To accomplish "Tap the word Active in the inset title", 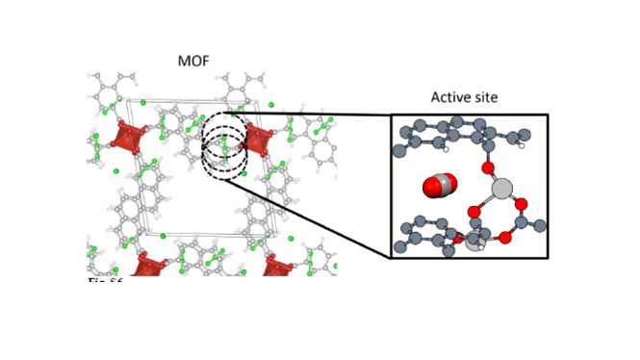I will pyautogui.click(x=450, y=98).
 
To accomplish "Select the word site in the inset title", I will pyautogui.click(x=486, y=98).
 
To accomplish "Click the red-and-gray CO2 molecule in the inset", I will pyautogui.click(x=438, y=186).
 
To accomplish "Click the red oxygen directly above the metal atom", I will pyautogui.click(x=488, y=168).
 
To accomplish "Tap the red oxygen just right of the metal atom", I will pyautogui.click(x=520, y=203).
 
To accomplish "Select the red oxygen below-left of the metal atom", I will pyautogui.click(x=474, y=212).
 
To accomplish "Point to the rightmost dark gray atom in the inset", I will pyautogui.click(x=540, y=226).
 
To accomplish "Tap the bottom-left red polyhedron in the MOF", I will pyautogui.click(x=150, y=265).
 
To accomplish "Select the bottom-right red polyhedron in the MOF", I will pyautogui.click(x=277, y=266).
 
